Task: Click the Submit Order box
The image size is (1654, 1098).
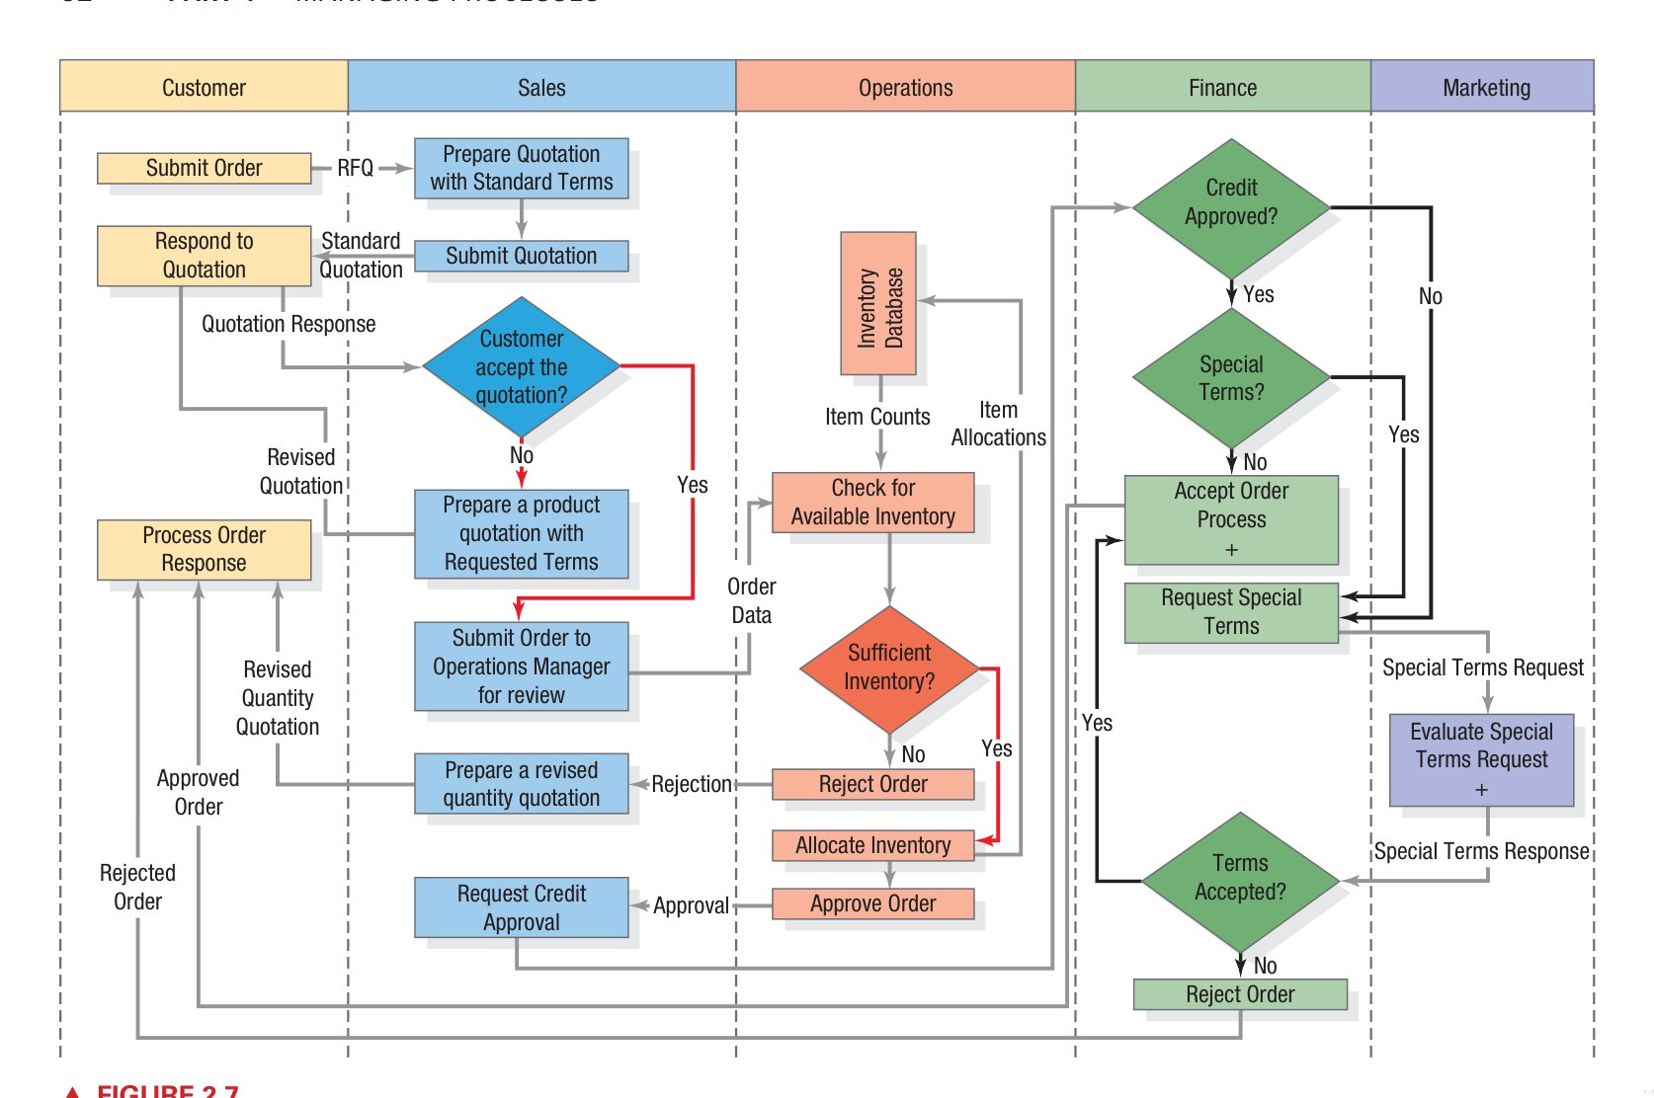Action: click(x=204, y=168)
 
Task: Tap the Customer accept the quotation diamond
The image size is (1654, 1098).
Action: click(x=521, y=367)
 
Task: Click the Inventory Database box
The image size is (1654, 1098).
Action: click(x=878, y=304)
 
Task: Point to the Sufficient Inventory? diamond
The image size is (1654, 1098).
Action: click(x=889, y=668)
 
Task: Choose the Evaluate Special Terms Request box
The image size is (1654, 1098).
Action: click(x=1481, y=759)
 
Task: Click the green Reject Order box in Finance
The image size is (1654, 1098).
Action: click(x=1240, y=994)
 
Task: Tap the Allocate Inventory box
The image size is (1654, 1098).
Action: click(x=872, y=846)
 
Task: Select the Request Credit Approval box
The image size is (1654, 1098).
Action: click(x=521, y=907)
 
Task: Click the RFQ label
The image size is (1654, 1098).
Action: click(x=356, y=168)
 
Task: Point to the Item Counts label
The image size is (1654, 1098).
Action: click(x=877, y=417)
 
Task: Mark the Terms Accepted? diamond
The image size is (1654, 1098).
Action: click(x=1240, y=879)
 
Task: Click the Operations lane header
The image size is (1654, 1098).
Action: click(x=905, y=87)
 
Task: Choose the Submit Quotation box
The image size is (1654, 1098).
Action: click(x=521, y=256)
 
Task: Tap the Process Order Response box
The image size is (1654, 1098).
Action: click(x=204, y=549)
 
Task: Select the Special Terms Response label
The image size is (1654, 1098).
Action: click(x=1481, y=851)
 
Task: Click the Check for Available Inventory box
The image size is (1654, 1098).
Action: click(x=872, y=503)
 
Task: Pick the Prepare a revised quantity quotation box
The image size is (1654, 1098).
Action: click(x=521, y=784)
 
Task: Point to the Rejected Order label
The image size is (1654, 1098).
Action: click(x=137, y=887)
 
